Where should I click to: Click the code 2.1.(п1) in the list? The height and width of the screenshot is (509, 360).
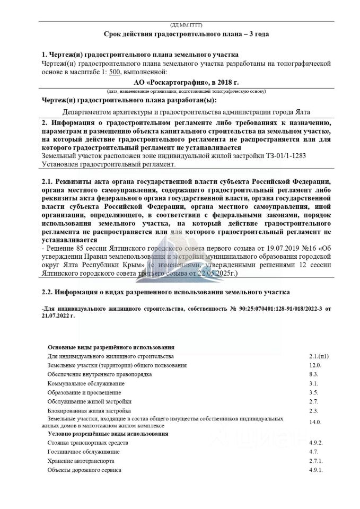coord(319,356)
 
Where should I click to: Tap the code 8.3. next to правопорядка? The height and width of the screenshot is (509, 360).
coord(314,374)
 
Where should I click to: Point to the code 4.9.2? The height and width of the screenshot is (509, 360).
coord(317,442)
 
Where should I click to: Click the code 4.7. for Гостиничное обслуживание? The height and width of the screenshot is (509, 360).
coord(313,451)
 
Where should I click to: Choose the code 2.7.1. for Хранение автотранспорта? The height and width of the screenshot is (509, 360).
coord(315,461)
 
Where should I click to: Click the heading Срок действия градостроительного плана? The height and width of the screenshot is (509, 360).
coord(180,34)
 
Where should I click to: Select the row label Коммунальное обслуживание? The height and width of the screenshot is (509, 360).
coord(86,383)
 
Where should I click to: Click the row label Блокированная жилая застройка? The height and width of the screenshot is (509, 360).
coord(89,410)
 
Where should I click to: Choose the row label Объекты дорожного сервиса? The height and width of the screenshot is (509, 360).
coord(84,470)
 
